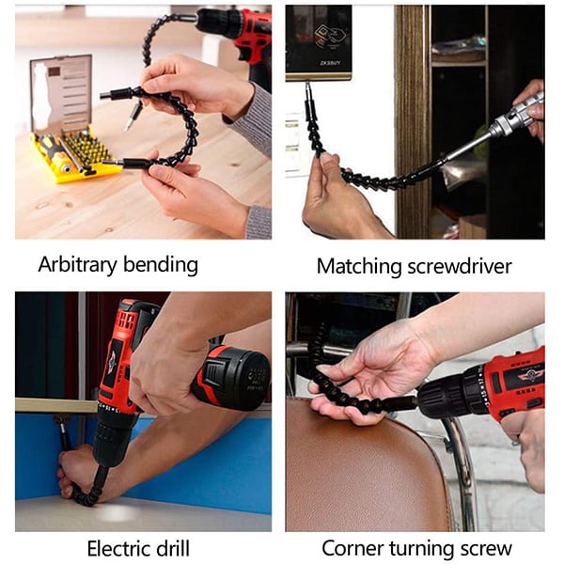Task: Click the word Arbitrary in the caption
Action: click(x=78, y=265)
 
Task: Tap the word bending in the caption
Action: click(x=161, y=265)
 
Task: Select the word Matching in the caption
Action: click(x=359, y=267)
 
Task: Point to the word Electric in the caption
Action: click(x=118, y=549)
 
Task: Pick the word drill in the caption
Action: click(x=173, y=549)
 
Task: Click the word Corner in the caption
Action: click(x=352, y=549)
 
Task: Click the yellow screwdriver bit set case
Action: click(x=73, y=156)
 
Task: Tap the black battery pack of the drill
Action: click(x=234, y=378)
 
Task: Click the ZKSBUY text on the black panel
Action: click(x=330, y=63)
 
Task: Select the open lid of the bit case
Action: click(x=61, y=93)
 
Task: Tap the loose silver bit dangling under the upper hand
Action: click(x=133, y=116)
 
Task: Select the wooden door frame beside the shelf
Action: click(x=413, y=122)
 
